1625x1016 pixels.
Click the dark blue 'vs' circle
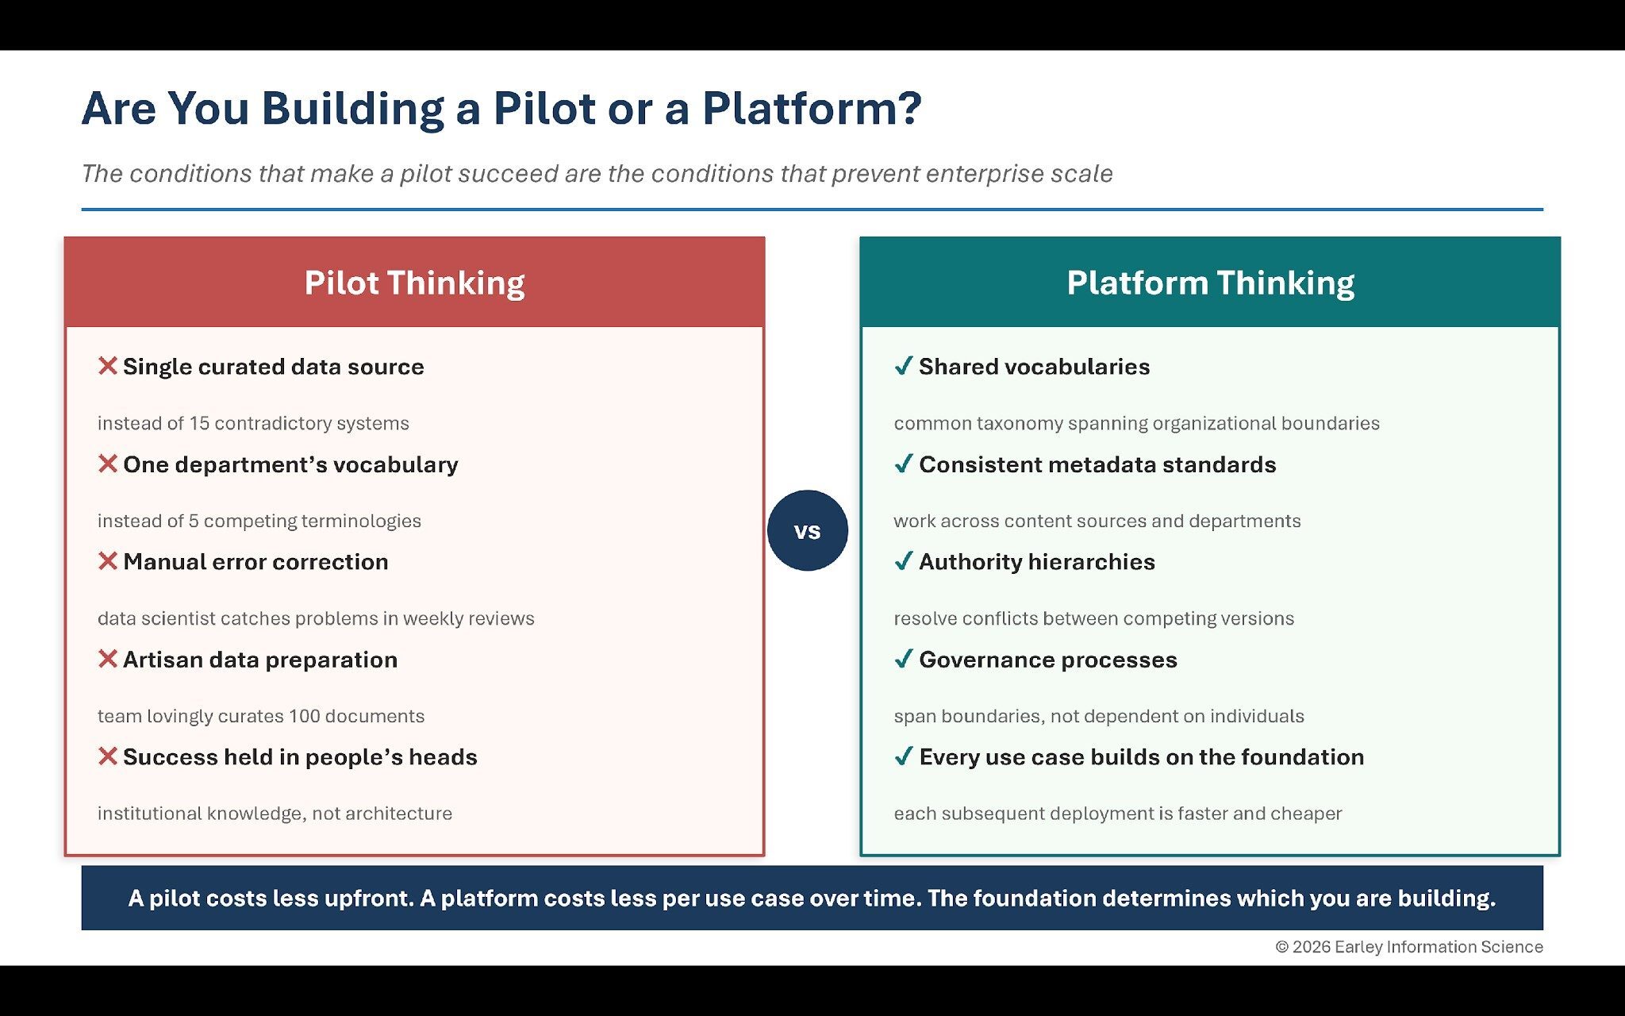coord(807,530)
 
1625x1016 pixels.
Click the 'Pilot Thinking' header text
coord(414,283)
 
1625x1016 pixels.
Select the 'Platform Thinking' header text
coord(1210,283)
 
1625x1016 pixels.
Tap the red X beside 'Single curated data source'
coord(108,366)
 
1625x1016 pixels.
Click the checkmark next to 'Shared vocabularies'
coord(903,366)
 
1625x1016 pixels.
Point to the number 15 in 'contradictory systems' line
coord(199,423)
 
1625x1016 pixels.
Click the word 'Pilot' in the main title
coord(544,109)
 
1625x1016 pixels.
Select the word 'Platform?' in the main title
coord(811,109)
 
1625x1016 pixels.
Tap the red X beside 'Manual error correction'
coord(108,561)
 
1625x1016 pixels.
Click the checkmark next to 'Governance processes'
coord(903,659)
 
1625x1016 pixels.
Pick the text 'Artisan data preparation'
coord(260,660)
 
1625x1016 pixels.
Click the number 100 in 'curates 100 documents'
coord(304,716)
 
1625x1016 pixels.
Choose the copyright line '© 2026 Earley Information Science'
coord(1408,947)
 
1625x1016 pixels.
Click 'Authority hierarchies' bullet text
coord(1036,562)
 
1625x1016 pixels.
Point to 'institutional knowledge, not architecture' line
coord(275,814)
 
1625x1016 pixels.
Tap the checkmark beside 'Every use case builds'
coord(903,756)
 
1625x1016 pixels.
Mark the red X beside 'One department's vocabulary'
coord(108,464)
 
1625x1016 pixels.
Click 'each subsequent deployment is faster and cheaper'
coord(1117,814)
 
